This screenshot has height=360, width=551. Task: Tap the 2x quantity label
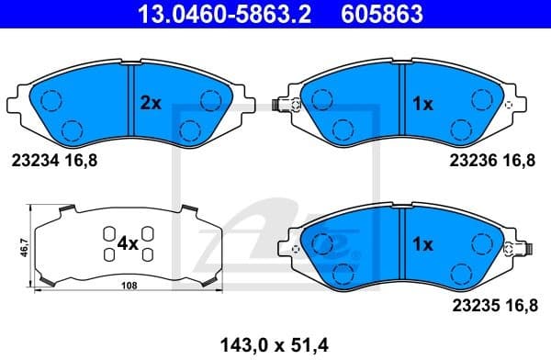coord(150,105)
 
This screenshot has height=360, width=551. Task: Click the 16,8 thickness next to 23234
coord(79,161)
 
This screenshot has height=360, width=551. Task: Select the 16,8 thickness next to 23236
coord(518,161)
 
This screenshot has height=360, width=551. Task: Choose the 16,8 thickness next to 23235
coord(518,300)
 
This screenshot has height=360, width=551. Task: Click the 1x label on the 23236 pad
coord(422,105)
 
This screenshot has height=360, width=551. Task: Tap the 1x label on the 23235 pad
coord(422,244)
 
